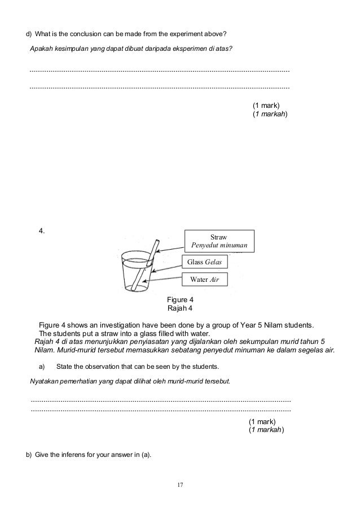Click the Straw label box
[221, 241]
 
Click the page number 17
[180, 485]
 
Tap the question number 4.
[42, 230]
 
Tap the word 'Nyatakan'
[46, 381]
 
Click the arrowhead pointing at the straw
[157, 252]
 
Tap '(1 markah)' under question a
[267, 430]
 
